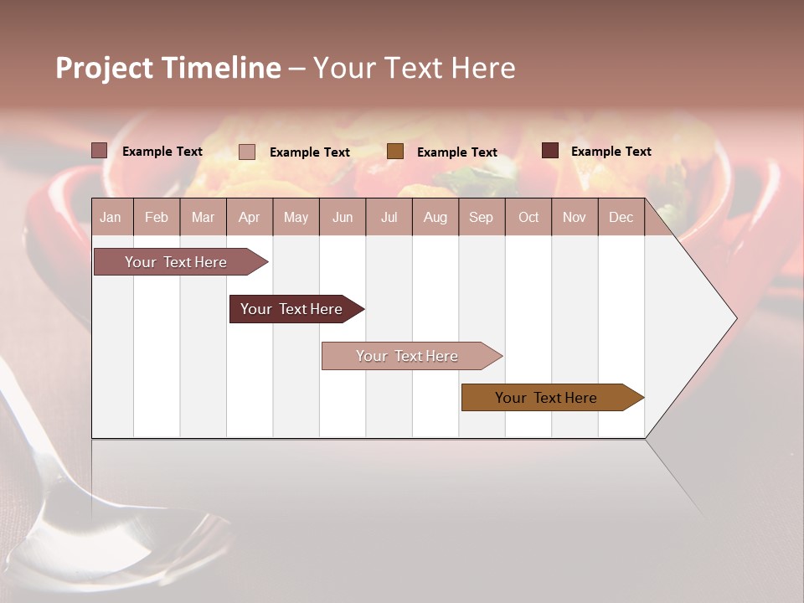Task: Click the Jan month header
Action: click(111, 217)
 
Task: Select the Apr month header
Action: click(249, 217)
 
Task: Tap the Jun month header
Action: click(343, 217)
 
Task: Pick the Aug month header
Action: click(435, 217)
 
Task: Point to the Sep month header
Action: click(481, 217)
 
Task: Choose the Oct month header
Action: click(528, 217)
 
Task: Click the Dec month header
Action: click(621, 217)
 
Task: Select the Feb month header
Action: click(157, 217)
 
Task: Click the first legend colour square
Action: click(99, 151)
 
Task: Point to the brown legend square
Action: click(395, 152)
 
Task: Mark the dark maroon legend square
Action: click(549, 151)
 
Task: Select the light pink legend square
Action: click(247, 152)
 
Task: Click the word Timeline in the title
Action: click(220, 68)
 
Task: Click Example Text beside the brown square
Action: click(456, 152)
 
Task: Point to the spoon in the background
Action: click(50, 486)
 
